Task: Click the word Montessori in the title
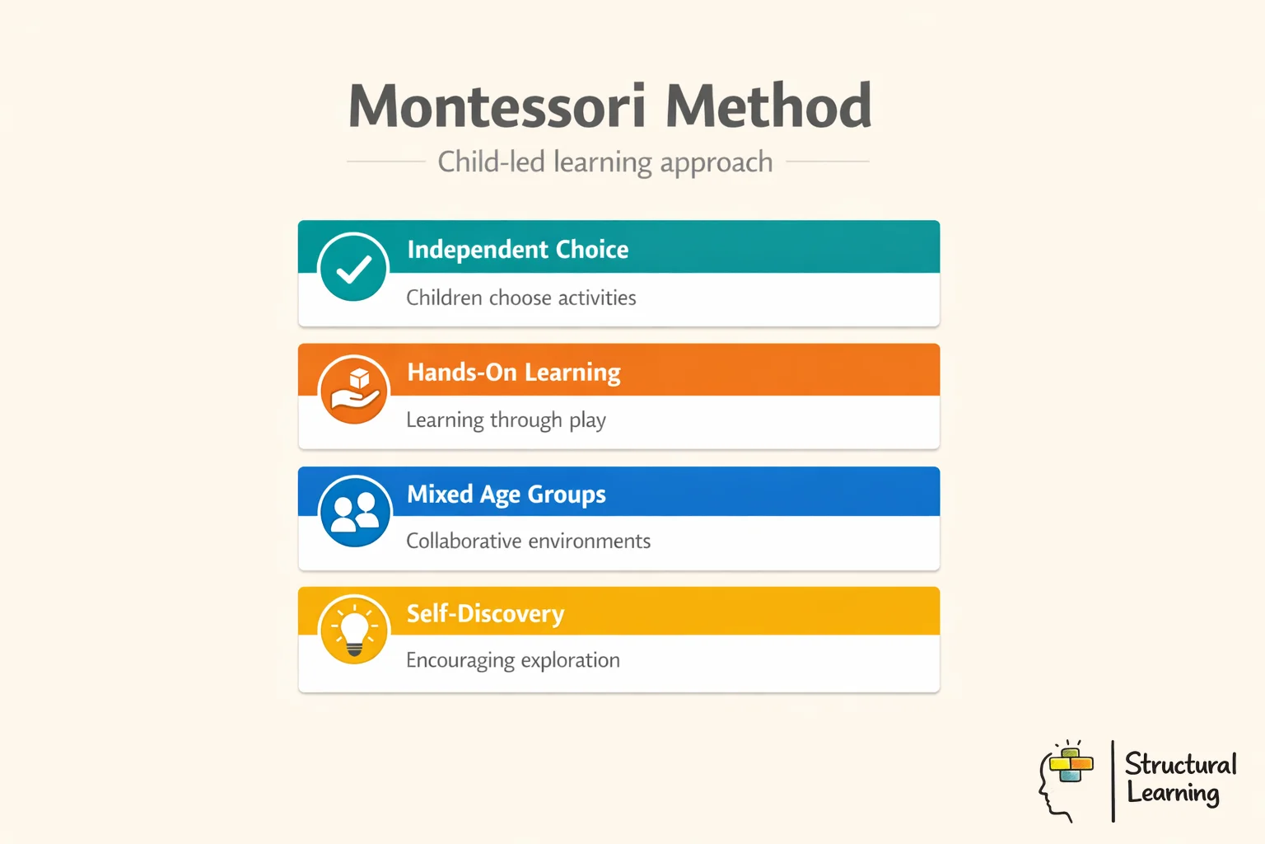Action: pos(497,106)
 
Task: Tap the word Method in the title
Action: pos(768,106)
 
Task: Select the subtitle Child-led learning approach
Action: pos(605,162)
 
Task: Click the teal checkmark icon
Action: pos(353,268)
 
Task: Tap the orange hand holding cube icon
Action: pos(354,390)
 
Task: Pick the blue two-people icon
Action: pos(355,512)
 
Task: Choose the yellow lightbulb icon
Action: pos(354,631)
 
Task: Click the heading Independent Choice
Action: pos(517,249)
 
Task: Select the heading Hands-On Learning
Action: pos(514,373)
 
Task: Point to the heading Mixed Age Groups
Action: pos(506,495)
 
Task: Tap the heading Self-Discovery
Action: pos(485,614)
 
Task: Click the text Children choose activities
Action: pos(521,298)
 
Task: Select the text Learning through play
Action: pos(506,420)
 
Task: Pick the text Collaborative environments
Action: pos(528,542)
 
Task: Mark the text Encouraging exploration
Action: pos(513,661)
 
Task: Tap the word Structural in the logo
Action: pos(1180,764)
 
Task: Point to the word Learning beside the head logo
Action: pos(1173,794)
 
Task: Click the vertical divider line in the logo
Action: pos(1113,781)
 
